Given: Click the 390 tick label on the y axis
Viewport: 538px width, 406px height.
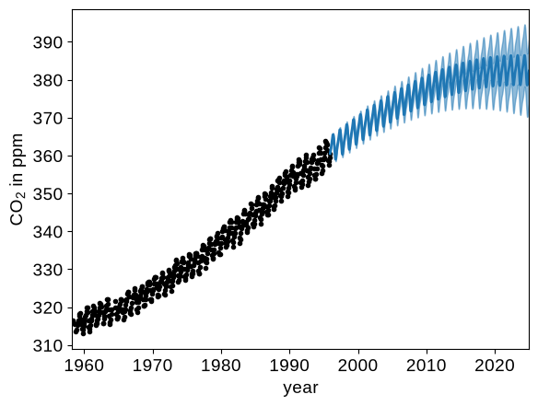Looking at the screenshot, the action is coord(48,43).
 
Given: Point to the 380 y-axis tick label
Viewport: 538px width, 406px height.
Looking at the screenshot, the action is coord(48,81).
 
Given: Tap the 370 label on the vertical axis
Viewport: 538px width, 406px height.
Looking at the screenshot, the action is coord(48,119).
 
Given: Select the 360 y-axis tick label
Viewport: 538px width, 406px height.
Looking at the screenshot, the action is coord(48,157).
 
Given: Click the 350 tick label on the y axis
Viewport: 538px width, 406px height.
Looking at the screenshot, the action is coord(48,194).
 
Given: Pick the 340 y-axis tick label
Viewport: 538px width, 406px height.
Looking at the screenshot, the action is coord(48,232).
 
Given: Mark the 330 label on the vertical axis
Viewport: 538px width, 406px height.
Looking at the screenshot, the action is coord(48,271).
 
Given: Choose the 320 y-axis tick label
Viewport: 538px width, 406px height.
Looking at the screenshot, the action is coord(48,307).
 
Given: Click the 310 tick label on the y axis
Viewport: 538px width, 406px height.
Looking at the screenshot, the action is coord(48,345).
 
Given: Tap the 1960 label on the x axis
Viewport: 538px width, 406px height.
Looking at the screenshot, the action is coord(84,365).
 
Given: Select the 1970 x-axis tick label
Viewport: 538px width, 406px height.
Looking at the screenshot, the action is coord(152,365).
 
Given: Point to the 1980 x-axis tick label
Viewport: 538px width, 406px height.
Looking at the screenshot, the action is coord(221,365).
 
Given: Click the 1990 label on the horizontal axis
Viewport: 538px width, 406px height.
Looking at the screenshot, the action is coord(289,365).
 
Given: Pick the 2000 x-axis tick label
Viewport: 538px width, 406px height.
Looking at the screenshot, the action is coord(357,365).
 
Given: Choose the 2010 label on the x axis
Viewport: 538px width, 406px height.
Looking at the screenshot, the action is coord(427,365).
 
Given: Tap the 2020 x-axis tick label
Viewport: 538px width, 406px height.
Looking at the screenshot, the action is coord(495,365).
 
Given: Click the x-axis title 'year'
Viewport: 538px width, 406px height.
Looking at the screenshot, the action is coord(300,389).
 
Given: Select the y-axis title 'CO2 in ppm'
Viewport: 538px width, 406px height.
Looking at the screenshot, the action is coord(18,180).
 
